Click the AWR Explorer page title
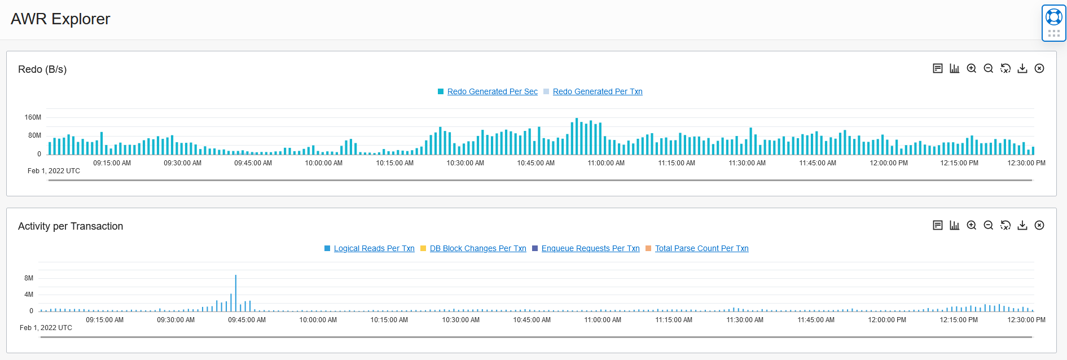click(x=60, y=19)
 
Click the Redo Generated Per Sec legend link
click(x=492, y=91)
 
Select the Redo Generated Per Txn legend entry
click(x=597, y=91)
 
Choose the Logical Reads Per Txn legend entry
click(x=374, y=248)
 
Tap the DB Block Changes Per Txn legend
click(x=477, y=248)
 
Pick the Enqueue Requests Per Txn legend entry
click(x=590, y=248)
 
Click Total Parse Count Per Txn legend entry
click(x=701, y=248)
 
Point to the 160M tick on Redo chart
click(x=33, y=117)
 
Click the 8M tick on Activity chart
click(x=29, y=278)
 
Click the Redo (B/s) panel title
click(x=42, y=69)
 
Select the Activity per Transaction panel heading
click(x=71, y=226)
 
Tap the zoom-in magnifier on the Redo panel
click(x=972, y=68)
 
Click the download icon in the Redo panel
click(x=1022, y=68)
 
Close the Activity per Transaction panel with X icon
click(x=1039, y=225)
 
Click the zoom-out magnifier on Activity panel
click(x=989, y=225)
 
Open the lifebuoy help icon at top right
click(x=1053, y=17)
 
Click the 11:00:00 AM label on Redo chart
click(x=606, y=163)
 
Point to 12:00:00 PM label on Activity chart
click(x=887, y=320)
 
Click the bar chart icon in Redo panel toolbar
click(x=955, y=68)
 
